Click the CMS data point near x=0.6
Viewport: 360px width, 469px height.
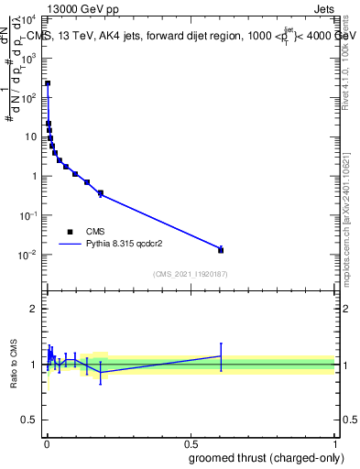pyautogui.click(x=221, y=250)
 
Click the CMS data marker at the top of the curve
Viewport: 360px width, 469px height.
pyautogui.click(x=48, y=83)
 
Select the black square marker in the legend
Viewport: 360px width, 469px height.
pyautogui.click(x=70, y=232)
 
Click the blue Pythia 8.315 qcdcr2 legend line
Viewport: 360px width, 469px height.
pyautogui.click(x=70, y=245)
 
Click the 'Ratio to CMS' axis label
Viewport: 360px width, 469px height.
pyautogui.click(x=15, y=365)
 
